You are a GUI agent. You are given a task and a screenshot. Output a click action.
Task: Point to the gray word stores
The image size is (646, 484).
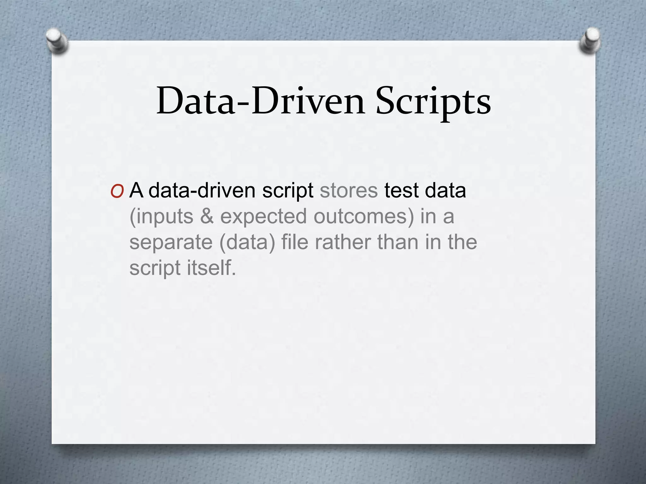(x=349, y=190)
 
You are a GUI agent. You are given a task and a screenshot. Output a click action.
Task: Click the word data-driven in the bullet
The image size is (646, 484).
(x=202, y=190)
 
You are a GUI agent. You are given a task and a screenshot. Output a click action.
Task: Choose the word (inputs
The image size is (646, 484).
(x=161, y=217)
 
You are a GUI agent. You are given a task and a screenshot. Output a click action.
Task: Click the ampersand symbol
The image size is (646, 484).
(x=207, y=216)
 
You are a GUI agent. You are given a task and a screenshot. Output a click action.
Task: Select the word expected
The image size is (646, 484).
(x=263, y=217)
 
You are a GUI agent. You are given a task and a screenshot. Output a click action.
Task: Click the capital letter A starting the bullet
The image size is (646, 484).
(x=136, y=190)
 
